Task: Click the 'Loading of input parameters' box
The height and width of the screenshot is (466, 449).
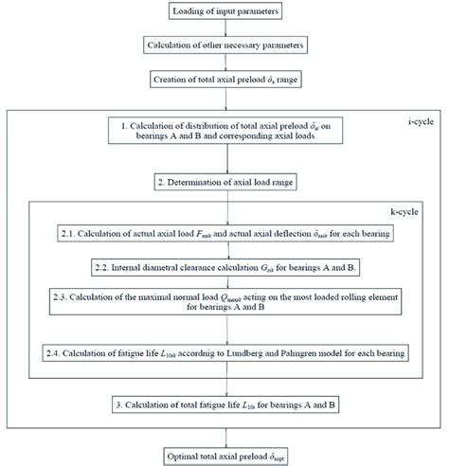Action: pos(224,11)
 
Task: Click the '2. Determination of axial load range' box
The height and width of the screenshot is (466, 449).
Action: pos(224,179)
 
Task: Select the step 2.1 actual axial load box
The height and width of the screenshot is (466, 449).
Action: pos(224,233)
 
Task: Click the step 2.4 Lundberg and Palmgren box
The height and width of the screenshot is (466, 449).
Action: pos(224,353)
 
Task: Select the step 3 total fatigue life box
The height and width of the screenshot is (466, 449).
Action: pos(224,404)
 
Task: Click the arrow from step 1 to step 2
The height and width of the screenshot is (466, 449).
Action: pos(224,160)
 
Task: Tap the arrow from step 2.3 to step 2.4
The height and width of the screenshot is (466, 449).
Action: pos(224,332)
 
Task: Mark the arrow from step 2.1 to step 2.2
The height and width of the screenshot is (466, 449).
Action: pos(224,250)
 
